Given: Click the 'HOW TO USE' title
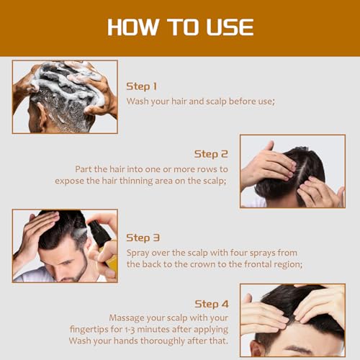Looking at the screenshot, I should click(x=180, y=27).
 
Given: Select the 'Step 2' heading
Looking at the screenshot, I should click(x=211, y=153).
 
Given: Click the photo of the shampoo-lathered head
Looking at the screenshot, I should click(x=65, y=96).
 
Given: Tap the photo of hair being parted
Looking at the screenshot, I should click(x=292, y=171).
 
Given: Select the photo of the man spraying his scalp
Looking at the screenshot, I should click(x=65, y=246).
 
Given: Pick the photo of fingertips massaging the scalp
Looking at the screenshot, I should click(x=292, y=319).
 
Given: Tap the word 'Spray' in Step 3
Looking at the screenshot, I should click(x=140, y=253).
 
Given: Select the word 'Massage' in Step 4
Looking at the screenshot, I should click(x=130, y=318).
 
